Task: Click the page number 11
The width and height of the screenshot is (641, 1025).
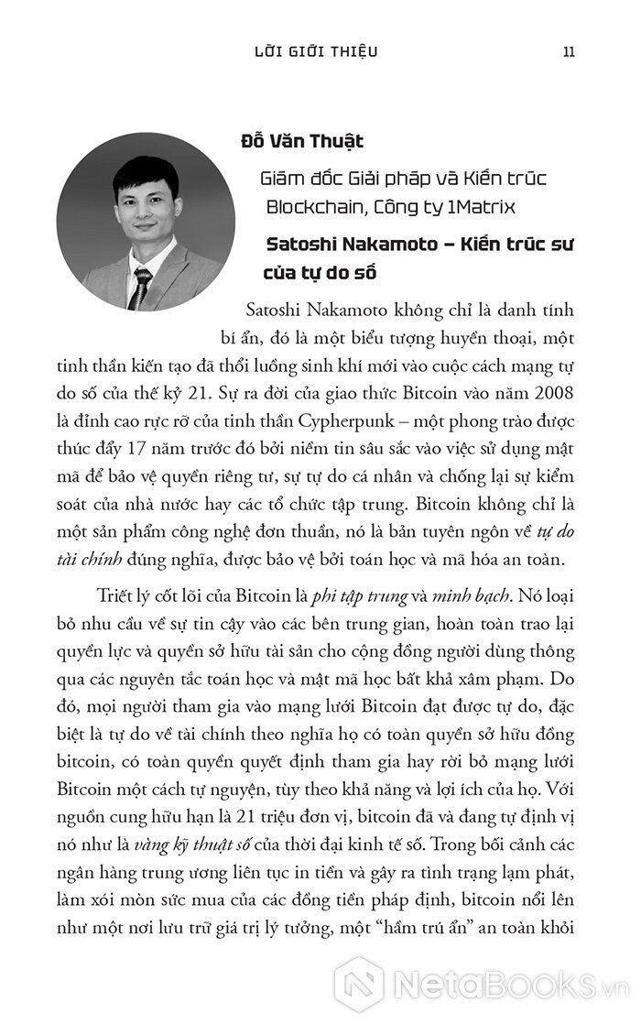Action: (568, 50)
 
